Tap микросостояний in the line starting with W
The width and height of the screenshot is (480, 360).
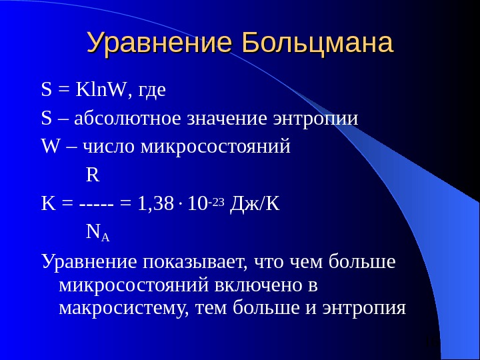click(216, 146)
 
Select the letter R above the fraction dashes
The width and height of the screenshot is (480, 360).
click(93, 175)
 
